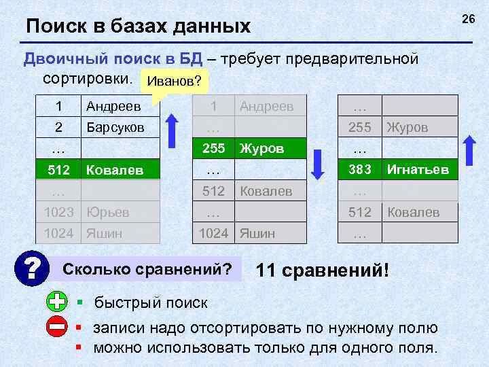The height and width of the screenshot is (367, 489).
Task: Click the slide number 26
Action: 468,19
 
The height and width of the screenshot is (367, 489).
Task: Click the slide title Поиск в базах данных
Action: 139,27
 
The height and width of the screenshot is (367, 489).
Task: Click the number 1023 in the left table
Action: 59,211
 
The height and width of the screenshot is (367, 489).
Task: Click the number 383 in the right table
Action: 360,169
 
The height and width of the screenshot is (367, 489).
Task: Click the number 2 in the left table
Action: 58,127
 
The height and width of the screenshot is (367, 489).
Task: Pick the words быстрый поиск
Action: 151,302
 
